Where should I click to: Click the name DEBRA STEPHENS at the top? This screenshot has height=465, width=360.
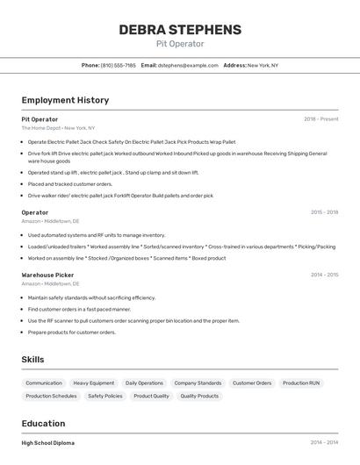point(180,30)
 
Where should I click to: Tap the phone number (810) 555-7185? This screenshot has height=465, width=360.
point(119,65)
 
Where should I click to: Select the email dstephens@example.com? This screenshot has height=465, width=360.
point(188,65)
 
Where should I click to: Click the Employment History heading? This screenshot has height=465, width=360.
point(65,101)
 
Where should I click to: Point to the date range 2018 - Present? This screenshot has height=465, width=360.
point(321,118)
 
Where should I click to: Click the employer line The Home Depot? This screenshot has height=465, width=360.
point(58,128)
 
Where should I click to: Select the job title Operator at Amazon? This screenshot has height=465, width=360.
point(35,212)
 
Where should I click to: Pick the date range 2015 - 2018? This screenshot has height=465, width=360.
point(324,212)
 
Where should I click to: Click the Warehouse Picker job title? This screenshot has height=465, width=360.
point(47,275)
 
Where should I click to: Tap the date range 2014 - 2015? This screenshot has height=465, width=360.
point(324,275)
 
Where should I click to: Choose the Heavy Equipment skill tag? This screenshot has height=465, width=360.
point(94,383)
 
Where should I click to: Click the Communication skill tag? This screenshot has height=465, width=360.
point(44,383)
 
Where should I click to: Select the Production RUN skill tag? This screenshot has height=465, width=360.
point(301,383)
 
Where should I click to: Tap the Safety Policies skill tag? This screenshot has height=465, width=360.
point(105,397)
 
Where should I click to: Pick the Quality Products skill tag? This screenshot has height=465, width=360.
point(199,397)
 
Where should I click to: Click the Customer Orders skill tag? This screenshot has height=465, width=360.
point(252,383)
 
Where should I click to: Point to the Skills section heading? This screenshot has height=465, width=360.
point(32,360)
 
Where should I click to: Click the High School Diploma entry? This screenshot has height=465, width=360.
point(48,443)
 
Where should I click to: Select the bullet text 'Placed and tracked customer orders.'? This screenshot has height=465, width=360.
point(70,184)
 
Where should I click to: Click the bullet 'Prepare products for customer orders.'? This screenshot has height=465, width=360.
point(72,333)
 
